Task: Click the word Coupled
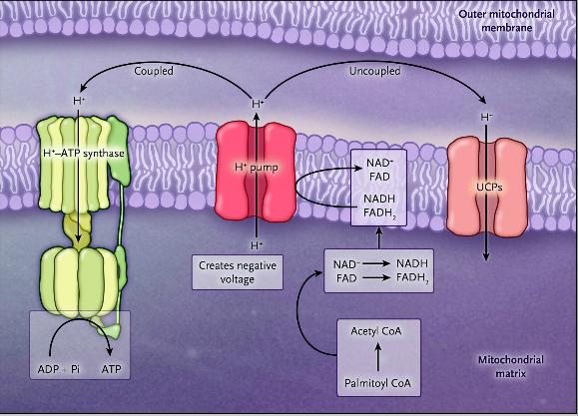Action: (x=154, y=71)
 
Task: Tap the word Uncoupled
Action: (x=375, y=71)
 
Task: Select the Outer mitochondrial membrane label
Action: (x=506, y=21)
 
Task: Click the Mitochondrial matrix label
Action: (x=510, y=366)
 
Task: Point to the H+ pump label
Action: (x=257, y=168)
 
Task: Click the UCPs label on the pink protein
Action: (x=489, y=188)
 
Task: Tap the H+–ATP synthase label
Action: (x=84, y=154)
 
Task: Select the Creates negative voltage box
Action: (x=238, y=272)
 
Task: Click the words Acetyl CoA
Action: (x=376, y=331)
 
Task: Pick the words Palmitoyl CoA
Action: (x=377, y=383)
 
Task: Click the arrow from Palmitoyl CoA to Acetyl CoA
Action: (x=377, y=356)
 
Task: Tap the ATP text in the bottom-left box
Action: (x=112, y=369)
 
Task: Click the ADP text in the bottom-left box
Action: (x=49, y=369)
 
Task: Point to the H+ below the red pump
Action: (x=257, y=245)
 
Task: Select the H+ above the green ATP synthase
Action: (x=79, y=100)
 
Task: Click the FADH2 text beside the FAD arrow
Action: (x=412, y=277)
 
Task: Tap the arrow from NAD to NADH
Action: (x=375, y=263)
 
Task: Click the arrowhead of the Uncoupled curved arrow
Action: (x=483, y=101)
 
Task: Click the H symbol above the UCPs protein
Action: (x=486, y=118)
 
